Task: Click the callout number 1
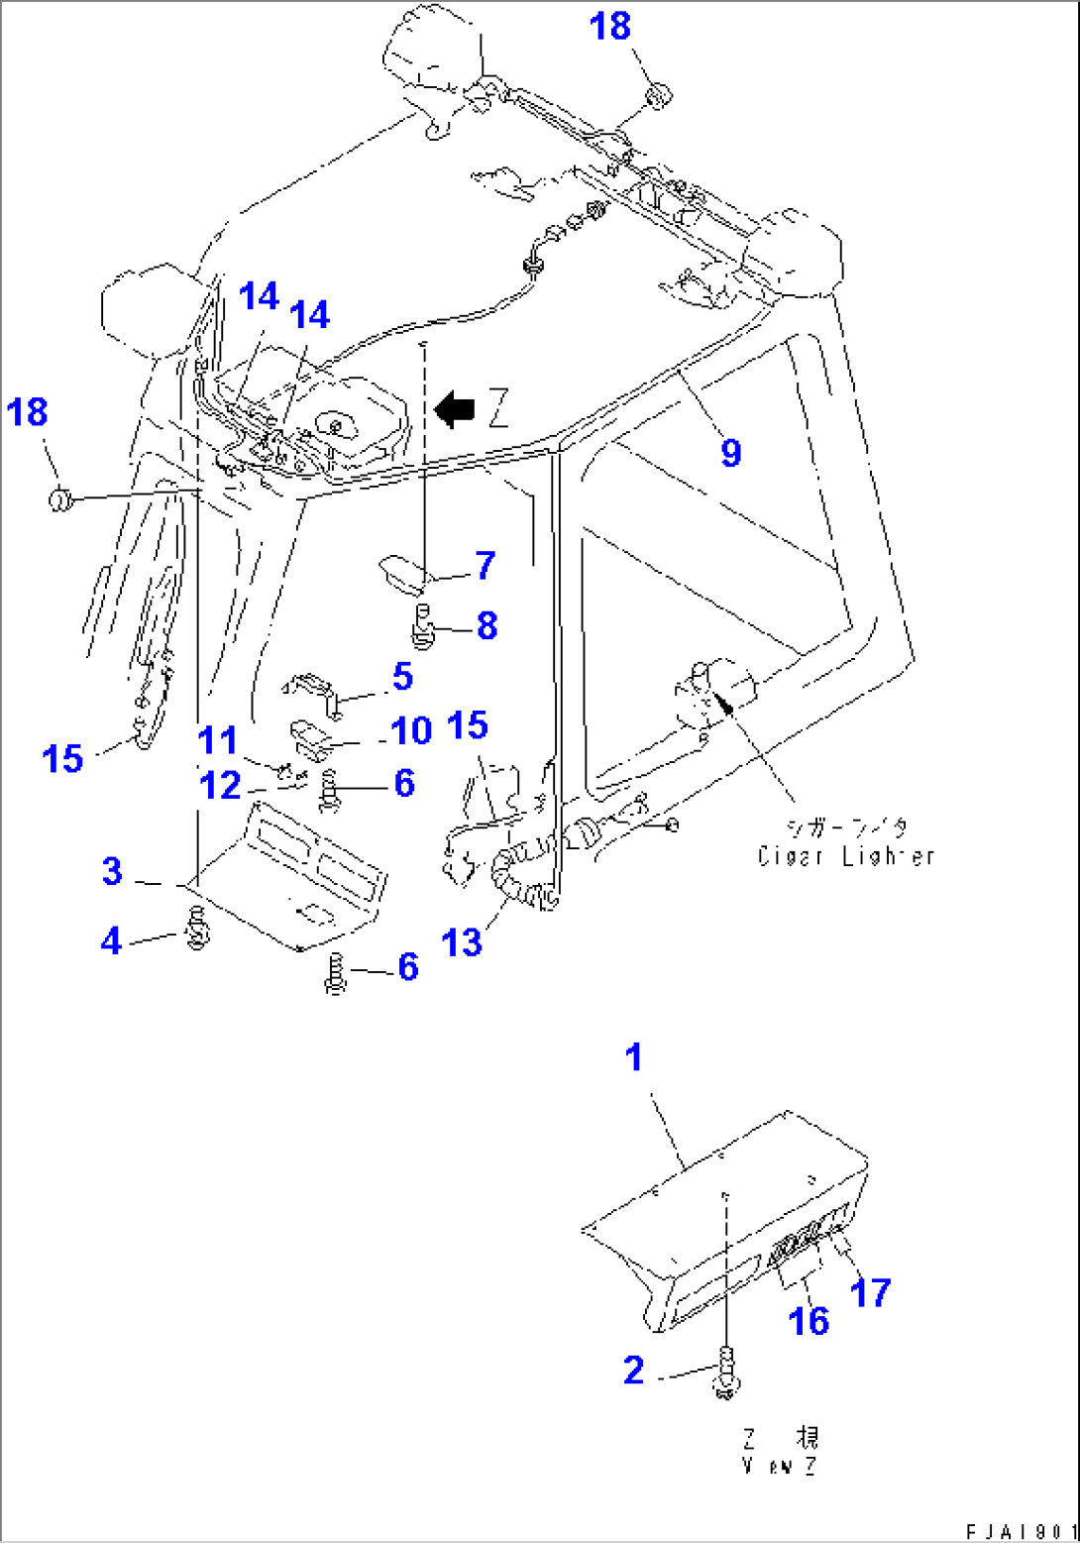coord(634,1057)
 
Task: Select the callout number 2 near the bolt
coord(634,1371)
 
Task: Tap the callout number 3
coord(112,872)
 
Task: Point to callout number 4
coord(112,940)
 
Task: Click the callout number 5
coord(401,677)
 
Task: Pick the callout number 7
coord(485,566)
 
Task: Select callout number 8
coord(486,625)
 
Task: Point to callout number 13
coord(462,941)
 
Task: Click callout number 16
coord(809,1320)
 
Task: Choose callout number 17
coord(871,1292)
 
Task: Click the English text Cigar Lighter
coord(845,856)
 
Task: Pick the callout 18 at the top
coord(610,26)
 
